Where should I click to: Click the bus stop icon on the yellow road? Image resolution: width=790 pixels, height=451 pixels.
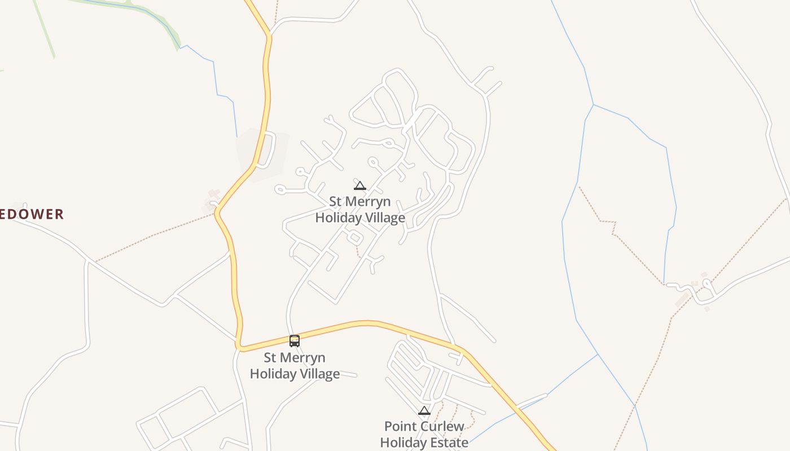point(294,341)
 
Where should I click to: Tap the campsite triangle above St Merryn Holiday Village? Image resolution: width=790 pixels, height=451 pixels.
point(359,185)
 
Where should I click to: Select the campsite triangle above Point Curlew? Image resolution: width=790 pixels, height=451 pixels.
point(424,410)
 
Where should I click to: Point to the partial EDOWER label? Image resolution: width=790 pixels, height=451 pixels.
point(32,214)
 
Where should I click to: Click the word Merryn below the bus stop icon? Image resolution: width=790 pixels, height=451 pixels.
point(303,358)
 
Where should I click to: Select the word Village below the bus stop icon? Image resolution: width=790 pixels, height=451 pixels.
point(319,374)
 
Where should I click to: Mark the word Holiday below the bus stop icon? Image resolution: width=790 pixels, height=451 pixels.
point(273,374)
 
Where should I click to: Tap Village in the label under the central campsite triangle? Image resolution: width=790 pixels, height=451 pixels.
point(384,218)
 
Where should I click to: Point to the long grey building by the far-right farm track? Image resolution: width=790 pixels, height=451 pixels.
point(683,299)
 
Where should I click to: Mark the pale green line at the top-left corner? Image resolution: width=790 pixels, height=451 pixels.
point(45,28)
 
